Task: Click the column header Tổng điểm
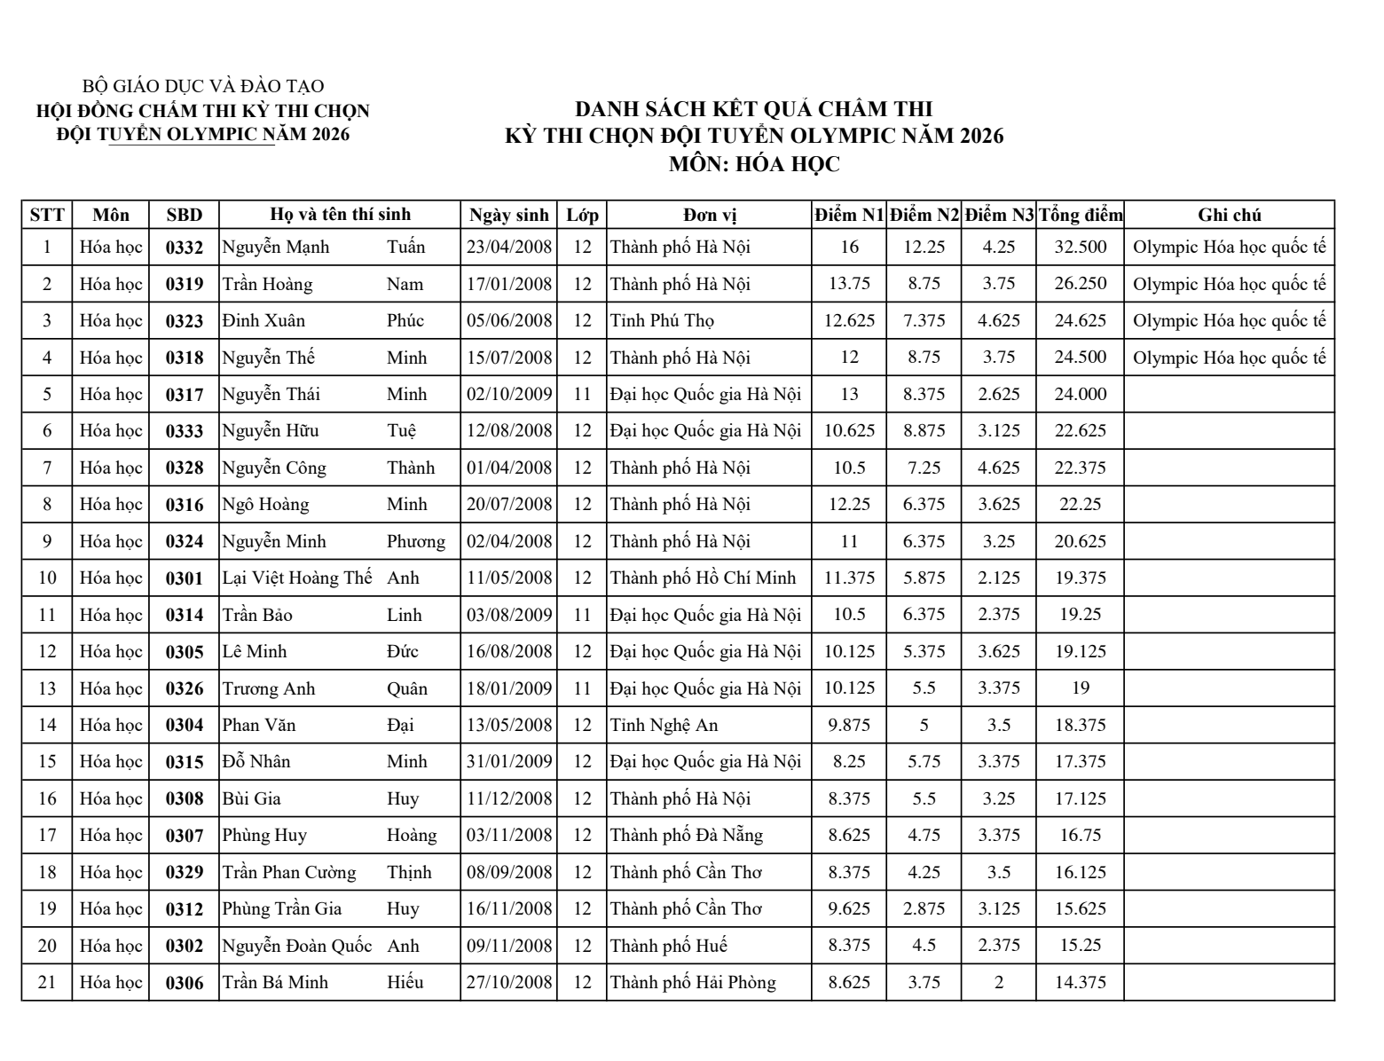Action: click(x=1080, y=216)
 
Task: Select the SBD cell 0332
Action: click(x=185, y=248)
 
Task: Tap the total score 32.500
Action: click(x=1080, y=248)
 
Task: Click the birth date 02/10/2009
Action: click(x=509, y=395)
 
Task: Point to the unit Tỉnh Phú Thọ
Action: click(x=663, y=321)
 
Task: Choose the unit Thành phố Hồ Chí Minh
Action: click(x=703, y=578)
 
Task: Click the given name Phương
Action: click(x=416, y=542)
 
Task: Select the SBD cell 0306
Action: click(x=185, y=983)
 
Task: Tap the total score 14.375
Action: click(x=1080, y=983)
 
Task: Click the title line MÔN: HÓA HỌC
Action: click(x=753, y=164)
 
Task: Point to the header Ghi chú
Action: click(x=1229, y=216)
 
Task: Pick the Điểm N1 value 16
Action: click(x=849, y=248)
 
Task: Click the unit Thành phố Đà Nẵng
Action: click(x=687, y=836)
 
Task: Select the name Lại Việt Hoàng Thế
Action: click(x=297, y=578)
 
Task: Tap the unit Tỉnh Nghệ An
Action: click(x=664, y=726)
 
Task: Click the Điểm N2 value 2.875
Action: click(x=924, y=909)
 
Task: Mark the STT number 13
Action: click(x=47, y=689)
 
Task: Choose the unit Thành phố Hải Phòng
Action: click(x=693, y=983)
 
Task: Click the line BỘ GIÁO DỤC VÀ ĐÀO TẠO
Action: click(x=203, y=87)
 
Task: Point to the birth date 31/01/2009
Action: click(x=509, y=762)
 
